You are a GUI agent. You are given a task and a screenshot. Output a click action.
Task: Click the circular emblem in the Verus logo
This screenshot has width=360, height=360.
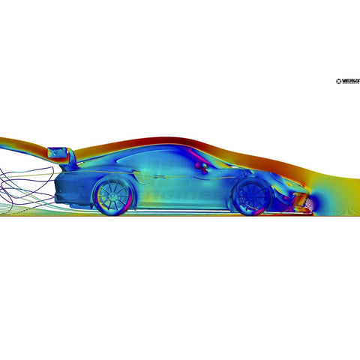click(x=340, y=81)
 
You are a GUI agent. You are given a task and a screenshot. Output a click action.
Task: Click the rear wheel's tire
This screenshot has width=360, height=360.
click(x=95, y=197)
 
